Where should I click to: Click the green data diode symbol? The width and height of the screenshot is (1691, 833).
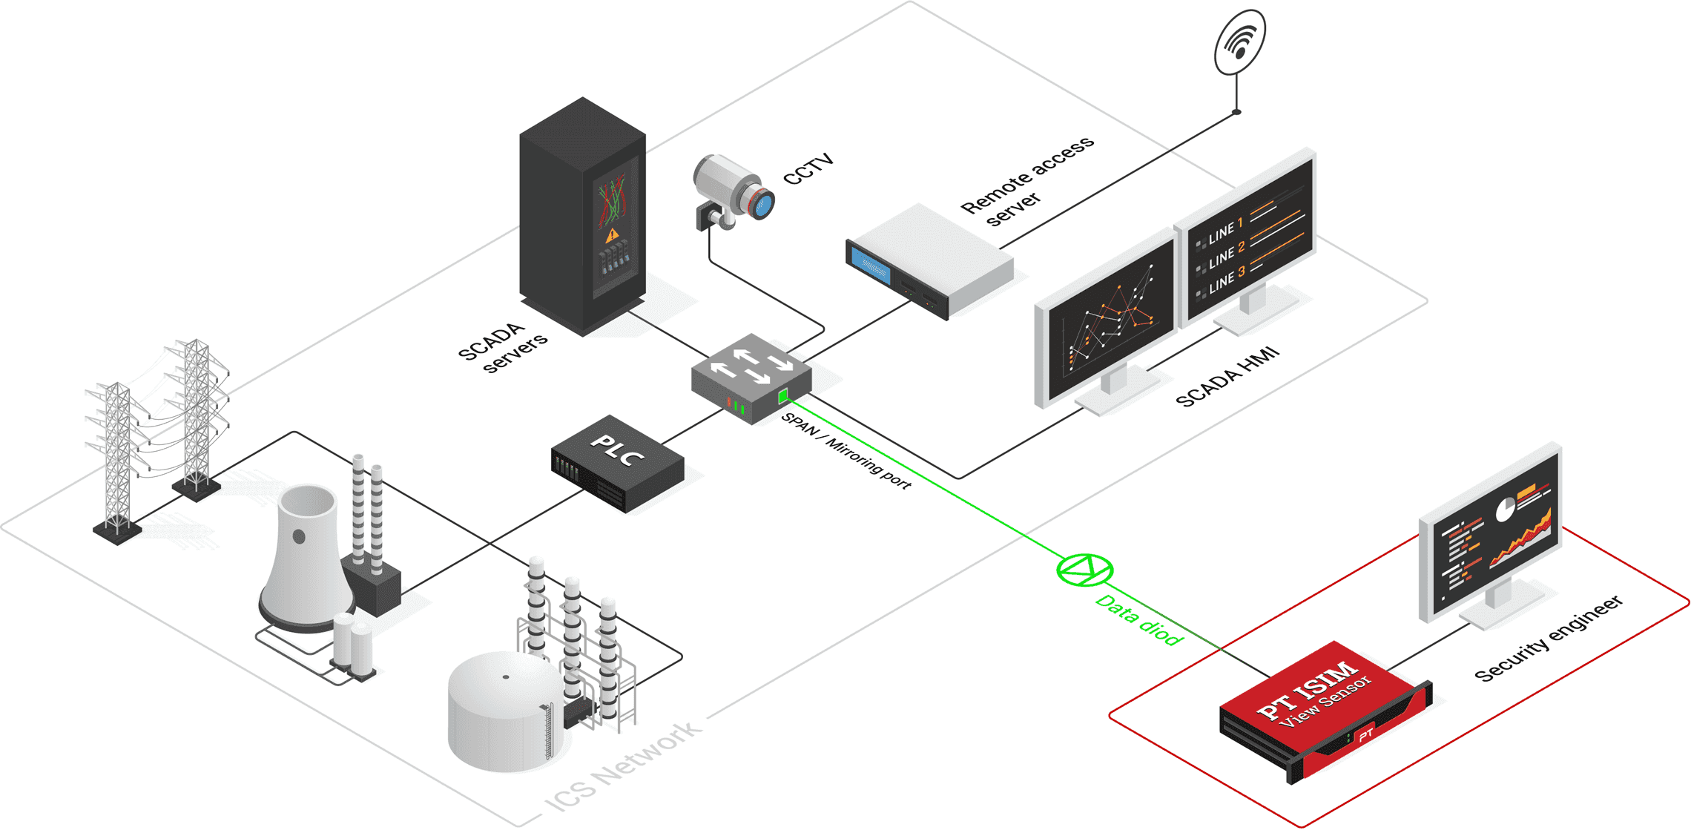pos(1084,570)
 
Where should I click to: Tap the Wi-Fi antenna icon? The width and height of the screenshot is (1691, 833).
pos(1239,42)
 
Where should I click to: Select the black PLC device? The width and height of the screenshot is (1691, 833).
pos(617,463)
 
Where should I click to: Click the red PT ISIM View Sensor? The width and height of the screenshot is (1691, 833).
pos(1325,711)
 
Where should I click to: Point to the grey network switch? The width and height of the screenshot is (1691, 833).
pos(751,378)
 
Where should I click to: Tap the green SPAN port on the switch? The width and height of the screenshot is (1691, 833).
pos(782,397)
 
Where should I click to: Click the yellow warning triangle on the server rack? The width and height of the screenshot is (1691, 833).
pos(612,236)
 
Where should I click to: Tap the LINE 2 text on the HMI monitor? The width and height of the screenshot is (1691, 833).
pos(1227,255)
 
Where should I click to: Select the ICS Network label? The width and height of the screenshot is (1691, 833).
pos(623,766)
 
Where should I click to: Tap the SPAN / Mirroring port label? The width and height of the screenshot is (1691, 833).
pos(846,450)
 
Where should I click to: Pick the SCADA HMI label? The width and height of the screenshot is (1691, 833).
pos(1228,376)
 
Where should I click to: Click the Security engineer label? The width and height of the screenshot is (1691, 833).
pos(1549,638)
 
